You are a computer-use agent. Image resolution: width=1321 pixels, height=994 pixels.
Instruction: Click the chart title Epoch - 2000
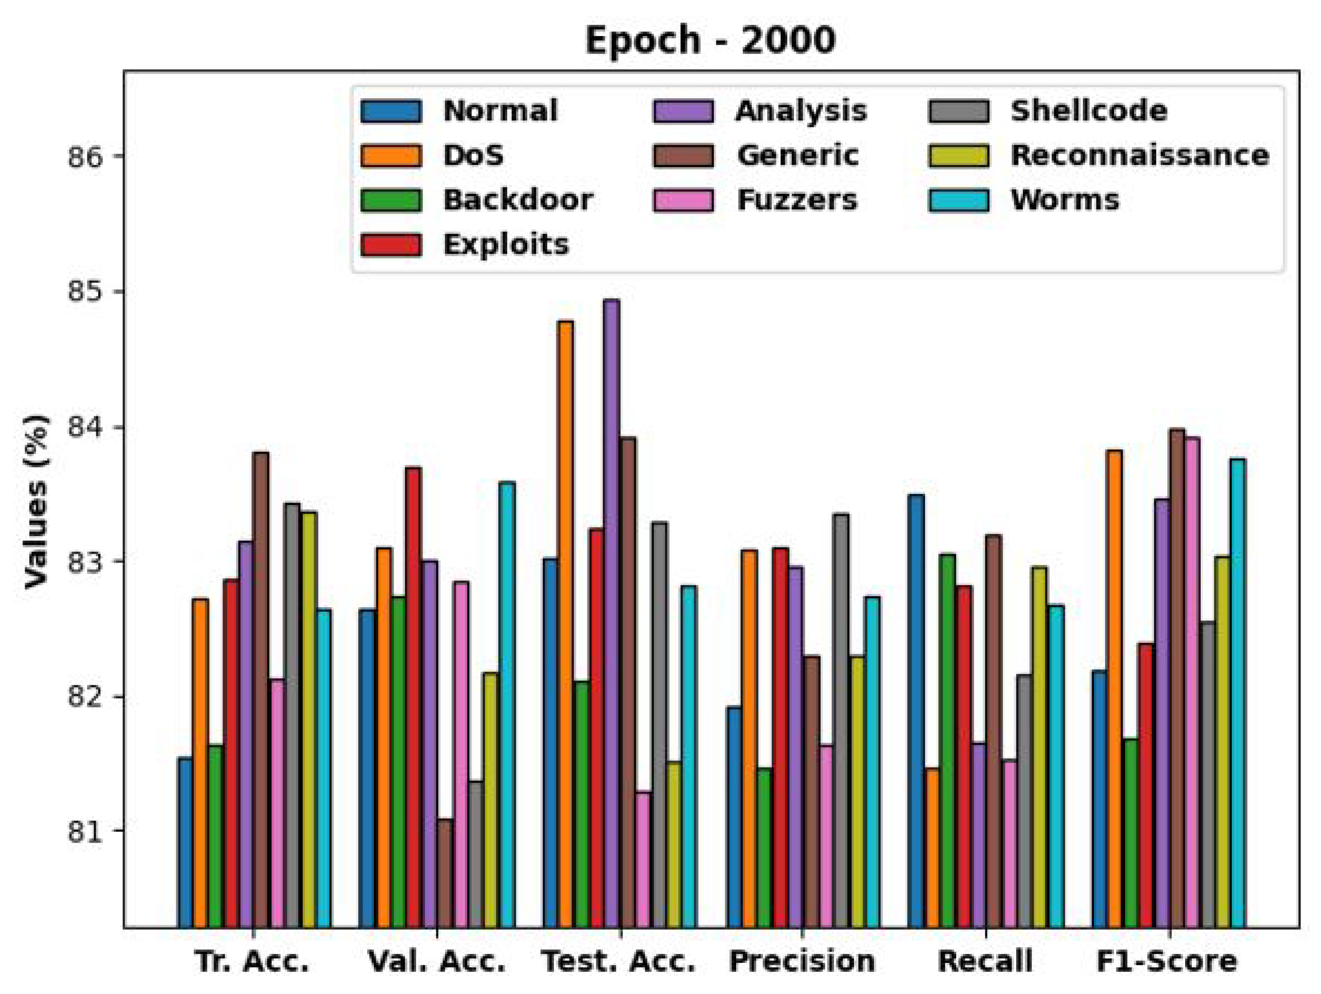pos(710,41)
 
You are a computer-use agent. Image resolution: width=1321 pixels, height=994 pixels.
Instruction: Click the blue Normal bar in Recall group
pos(916,710)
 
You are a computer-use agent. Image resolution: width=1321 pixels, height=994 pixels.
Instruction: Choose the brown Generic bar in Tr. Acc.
pos(261,689)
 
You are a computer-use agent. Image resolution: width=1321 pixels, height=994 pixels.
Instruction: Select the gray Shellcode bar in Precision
pos(841,720)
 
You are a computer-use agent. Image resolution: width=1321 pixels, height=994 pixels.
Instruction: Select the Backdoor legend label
pos(518,200)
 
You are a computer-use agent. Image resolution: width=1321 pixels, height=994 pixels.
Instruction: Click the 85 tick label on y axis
pos(85,293)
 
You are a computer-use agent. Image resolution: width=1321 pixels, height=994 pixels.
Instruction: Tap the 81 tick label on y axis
pos(85,831)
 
